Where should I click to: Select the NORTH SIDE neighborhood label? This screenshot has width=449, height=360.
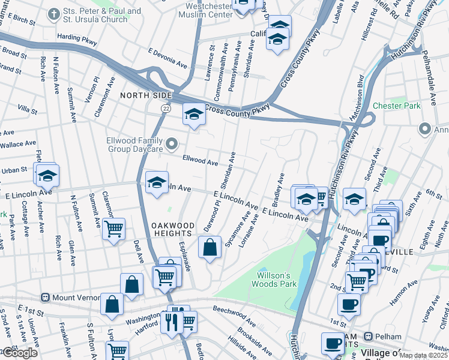146,95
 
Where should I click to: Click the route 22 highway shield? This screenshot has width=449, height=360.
166,108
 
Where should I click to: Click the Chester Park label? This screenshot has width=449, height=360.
396,106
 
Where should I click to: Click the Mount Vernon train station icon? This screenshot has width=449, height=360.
44,298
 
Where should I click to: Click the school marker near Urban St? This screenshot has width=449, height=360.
47,176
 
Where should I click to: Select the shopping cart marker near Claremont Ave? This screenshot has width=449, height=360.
113,229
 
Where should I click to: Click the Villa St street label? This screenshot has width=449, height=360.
28,110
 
